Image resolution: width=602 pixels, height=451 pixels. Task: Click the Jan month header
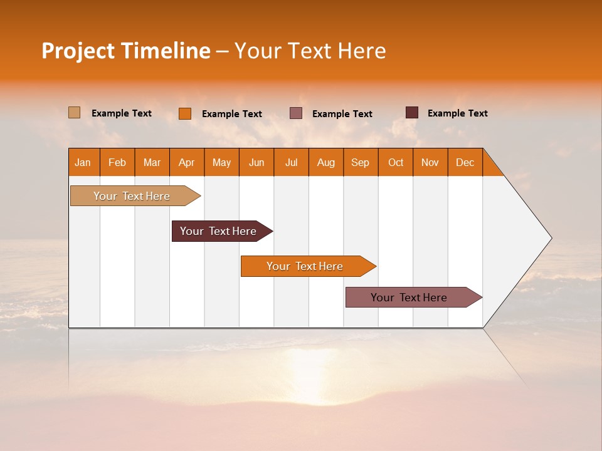(x=83, y=162)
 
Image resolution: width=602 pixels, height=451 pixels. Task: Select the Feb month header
(x=117, y=162)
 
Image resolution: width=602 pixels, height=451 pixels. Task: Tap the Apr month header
(x=187, y=162)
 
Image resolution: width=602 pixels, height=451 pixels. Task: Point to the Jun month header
(x=256, y=162)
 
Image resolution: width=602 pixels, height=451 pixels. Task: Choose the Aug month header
(x=326, y=162)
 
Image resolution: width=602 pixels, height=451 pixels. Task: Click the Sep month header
(x=361, y=162)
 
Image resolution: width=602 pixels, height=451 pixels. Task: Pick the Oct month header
(x=396, y=162)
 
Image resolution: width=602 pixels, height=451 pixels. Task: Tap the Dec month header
(x=465, y=162)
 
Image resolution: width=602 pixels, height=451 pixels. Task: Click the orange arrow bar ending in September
(x=305, y=266)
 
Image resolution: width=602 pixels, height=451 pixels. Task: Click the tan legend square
(x=74, y=113)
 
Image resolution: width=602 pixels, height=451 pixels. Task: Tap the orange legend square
(x=185, y=113)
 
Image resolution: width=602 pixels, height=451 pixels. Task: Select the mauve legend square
(x=296, y=113)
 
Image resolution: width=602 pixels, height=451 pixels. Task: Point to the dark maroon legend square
(x=411, y=113)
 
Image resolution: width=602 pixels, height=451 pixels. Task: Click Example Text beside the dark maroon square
(x=457, y=113)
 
